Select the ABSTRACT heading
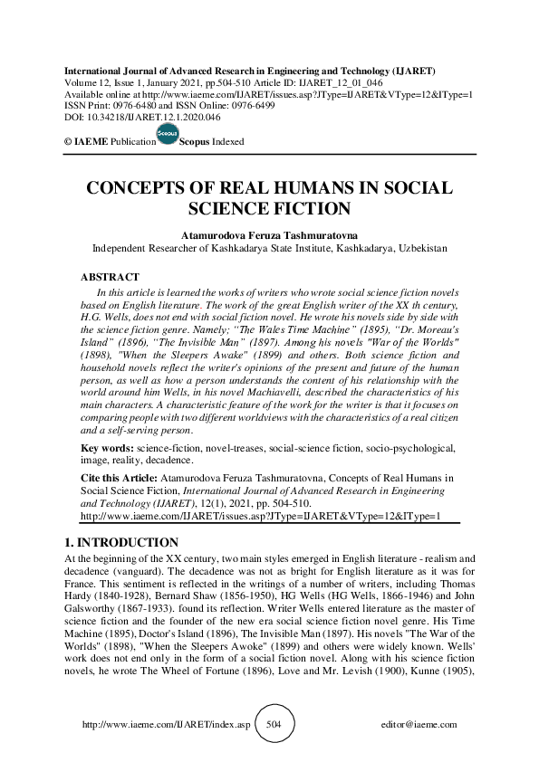click(x=110, y=277)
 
